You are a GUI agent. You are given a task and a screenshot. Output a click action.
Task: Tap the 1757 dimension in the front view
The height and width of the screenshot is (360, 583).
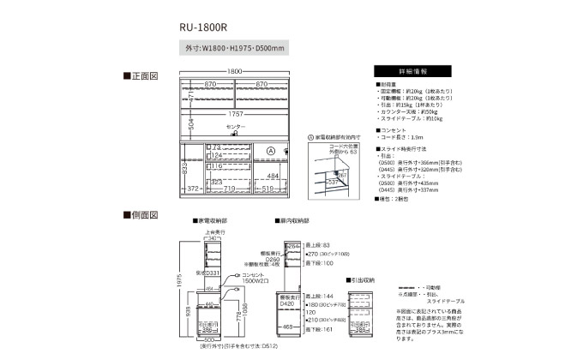coord(235,113)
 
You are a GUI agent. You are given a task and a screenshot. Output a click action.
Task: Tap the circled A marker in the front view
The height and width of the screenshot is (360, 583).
coord(270,152)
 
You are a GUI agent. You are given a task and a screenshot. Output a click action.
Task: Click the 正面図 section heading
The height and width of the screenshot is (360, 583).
coord(141,76)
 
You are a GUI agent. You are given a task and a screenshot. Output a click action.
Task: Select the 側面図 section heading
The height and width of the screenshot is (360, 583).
coord(141,213)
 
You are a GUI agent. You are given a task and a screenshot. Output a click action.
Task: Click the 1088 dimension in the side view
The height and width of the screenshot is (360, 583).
coord(243,318)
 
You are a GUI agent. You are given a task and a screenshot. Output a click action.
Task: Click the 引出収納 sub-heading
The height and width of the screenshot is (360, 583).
coord(363,279)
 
